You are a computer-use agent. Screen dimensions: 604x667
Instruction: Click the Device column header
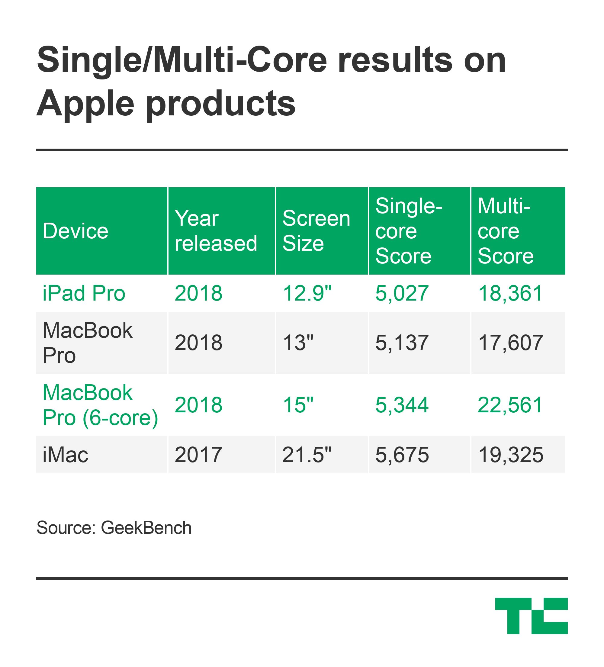[x=75, y=230]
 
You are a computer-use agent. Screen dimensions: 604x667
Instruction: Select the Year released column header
[x=216, y=230]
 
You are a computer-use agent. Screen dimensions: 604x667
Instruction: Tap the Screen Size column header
[x=316, y=230]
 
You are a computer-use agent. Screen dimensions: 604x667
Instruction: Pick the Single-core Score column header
[x=409, y=230]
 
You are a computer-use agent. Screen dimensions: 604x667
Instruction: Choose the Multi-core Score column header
[x=506, y=230]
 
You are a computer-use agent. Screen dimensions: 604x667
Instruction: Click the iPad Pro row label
[x=84, y=293]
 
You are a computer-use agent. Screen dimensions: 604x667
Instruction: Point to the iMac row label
[x=66, y=455]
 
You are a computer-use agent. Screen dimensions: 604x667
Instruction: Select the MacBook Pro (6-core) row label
[x=101, y=405]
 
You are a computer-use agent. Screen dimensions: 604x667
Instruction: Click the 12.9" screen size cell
[x=307, y=293]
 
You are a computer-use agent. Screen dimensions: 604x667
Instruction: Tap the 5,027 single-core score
[x=402, y=293]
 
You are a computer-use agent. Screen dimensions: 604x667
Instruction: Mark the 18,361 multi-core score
[x=510, y=293]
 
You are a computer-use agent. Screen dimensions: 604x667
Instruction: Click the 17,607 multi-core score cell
[x=510, y=343]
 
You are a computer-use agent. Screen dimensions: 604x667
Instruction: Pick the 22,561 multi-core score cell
[x=510, y=405]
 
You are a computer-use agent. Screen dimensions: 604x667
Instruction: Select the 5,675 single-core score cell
[x=402, y=455]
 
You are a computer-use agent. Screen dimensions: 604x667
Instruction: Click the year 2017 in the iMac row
[x=198, y=455]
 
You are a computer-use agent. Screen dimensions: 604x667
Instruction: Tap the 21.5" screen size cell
[x=307, y=455]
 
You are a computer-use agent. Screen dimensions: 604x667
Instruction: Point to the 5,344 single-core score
[x=402, y=405]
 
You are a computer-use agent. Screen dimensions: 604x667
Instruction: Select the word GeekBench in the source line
[x=146, y=528]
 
